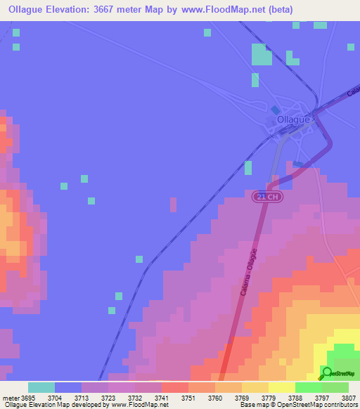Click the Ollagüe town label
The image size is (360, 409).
pyautogui.click(x=293, y=120)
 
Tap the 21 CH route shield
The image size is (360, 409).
pyautogui.click(x=262, y=196)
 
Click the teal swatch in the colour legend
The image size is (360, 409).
pyautogui.click(x=41, y=387)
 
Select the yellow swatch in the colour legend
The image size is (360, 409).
pyautogui.click(x=282, y=387)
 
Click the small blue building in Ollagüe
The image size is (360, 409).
pyautogui.click(x=276, y=110)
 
